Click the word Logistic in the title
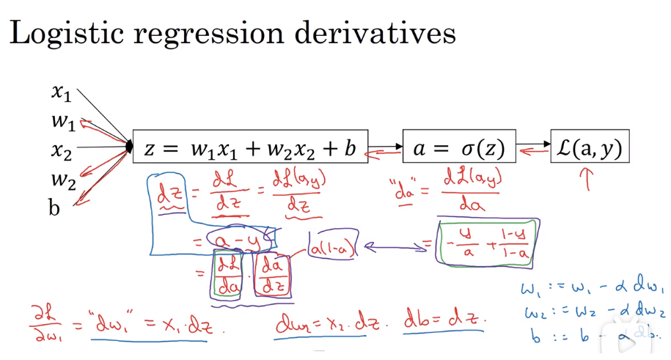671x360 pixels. tap(65, 33)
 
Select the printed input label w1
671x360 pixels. tap(62, 120)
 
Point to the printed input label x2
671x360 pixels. tap(61, 150)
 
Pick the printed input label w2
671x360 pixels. tap(62, 179)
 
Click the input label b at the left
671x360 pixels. tap(54, 207)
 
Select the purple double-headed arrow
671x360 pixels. tap(393, 248)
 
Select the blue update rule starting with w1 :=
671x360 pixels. tap(593, 288)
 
